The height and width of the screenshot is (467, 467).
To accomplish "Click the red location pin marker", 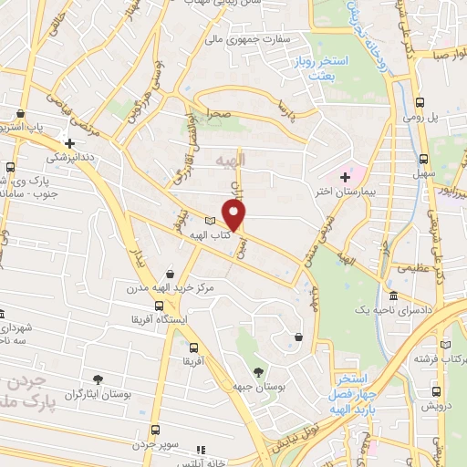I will pos(235,214).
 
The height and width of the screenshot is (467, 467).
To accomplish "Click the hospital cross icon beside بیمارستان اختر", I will pos(345,176).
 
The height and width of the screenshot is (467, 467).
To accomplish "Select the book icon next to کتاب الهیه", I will pos(210,221).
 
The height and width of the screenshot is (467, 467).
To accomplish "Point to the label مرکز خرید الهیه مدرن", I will pos(171,287).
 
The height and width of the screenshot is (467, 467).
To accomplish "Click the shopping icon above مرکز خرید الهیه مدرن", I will pos(171,273).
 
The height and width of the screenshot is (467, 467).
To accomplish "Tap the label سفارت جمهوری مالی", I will pos(240,40).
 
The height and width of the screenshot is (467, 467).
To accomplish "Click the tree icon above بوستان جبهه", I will pos(258,371).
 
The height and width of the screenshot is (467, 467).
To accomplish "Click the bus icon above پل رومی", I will pos(419,103).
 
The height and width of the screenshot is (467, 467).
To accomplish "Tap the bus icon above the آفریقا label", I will pos(193,347).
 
